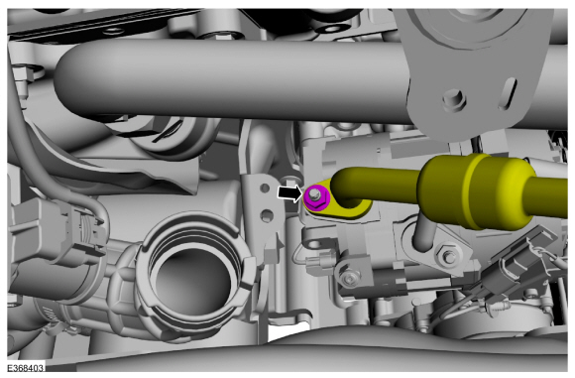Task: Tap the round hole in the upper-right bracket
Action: click(454, 98)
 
